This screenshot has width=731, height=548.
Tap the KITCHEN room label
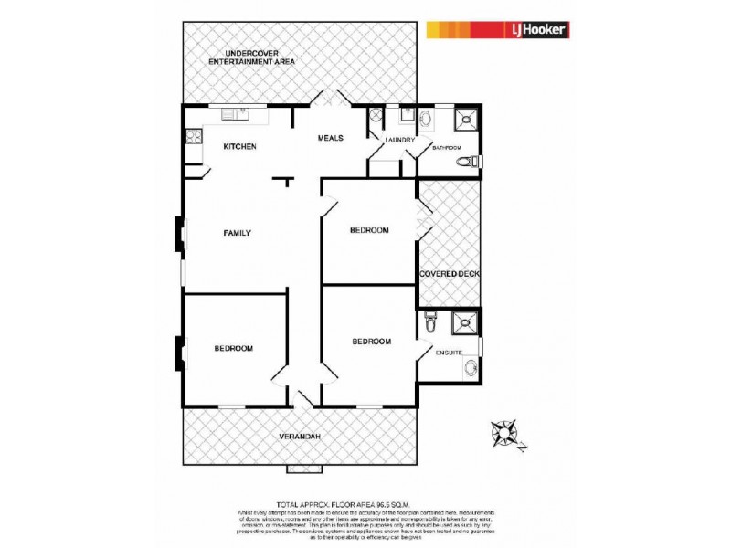pos(240,147)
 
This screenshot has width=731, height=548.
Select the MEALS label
pos(330,138)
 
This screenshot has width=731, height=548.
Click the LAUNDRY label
pos(400,141)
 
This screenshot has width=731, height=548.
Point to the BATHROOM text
pos(447,148)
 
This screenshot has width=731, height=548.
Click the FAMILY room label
pos(237,233)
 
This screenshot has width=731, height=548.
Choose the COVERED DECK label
pos(450,274)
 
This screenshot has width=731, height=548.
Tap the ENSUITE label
pos(449,353)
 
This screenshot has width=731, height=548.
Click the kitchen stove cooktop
pos(193,138)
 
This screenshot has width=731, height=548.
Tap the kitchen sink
pos(236,114)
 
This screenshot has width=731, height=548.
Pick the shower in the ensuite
pos(466,323)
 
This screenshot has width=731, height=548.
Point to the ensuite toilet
pos(432,324)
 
